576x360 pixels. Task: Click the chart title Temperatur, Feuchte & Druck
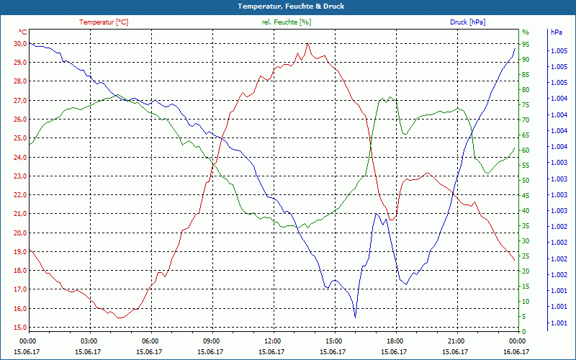(x=288, y=6)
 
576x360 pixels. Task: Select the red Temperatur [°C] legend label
(x=104, y=22)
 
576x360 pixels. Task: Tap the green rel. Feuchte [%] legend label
(x=287, y=22)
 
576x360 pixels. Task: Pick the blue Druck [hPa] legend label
(x=467, y=22)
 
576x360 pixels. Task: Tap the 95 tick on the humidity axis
(x=526, y=44)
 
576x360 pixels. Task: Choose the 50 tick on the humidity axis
(x=526, y=180)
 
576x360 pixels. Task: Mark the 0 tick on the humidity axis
(x=523, y=332)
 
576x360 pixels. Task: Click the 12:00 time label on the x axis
(x=274, y=341)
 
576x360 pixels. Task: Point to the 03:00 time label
(x=89, y=341)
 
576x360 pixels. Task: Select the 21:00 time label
(x=457, y=341)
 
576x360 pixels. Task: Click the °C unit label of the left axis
(x=23, y=32)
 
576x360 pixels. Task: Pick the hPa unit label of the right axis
(x=556, y=32)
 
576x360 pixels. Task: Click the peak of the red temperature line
(x=307, y=43)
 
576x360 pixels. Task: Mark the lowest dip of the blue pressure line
(x=355, y=317)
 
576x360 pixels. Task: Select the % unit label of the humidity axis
(x=525, y=32)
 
